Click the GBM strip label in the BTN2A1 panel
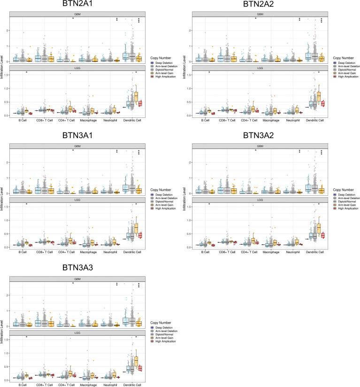point(73,15)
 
